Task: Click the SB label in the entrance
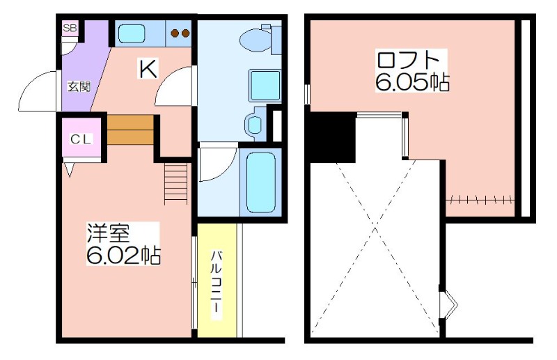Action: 70,29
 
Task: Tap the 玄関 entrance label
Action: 79,86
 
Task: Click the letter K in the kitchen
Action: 148,69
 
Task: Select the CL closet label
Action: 81,139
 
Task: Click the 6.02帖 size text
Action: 123,254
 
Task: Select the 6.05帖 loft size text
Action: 412,82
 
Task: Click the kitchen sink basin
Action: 132,33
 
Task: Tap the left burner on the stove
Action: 175,33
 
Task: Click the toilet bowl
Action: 255,40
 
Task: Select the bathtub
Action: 260,182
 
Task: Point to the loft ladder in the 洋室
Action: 176,184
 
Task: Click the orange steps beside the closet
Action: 130,130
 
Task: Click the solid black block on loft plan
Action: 333,137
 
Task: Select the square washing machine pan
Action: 265,85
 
